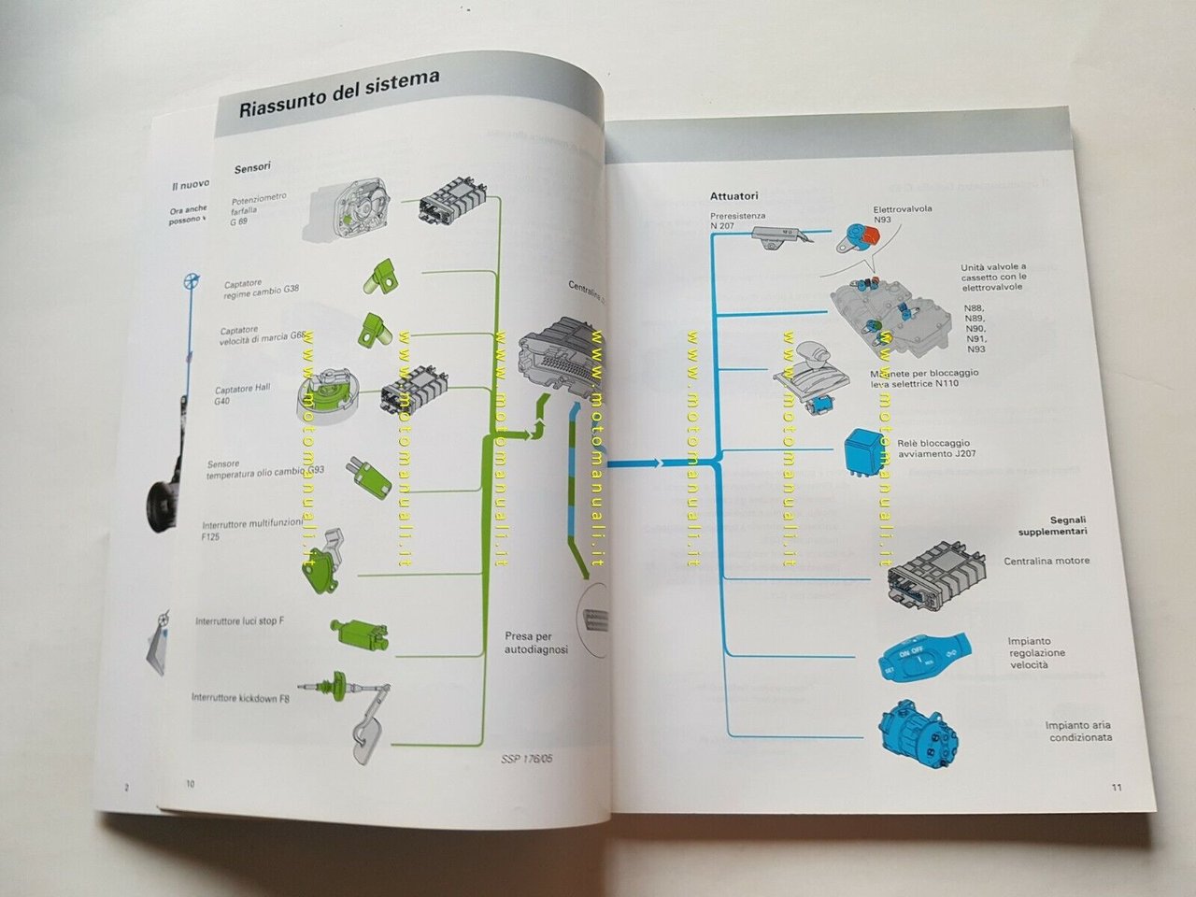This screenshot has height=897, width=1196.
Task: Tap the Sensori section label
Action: coord(252,167)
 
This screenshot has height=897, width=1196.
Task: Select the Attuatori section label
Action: coord(733,196)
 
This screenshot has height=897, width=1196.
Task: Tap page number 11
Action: coord(1117,787)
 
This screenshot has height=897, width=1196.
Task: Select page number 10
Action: coord(190,784)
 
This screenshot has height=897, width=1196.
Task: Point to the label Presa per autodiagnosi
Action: coord(536,643)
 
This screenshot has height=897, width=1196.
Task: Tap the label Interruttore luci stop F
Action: coord(240,620)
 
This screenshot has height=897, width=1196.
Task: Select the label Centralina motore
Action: coord(1046,561)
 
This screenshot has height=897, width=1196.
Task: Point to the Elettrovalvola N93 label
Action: coord(902,214)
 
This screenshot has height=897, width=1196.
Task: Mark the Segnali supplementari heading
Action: coord(1054,526)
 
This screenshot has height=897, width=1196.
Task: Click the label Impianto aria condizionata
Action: coord(1078,731)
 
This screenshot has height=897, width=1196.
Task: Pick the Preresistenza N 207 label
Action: coord(737,221)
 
